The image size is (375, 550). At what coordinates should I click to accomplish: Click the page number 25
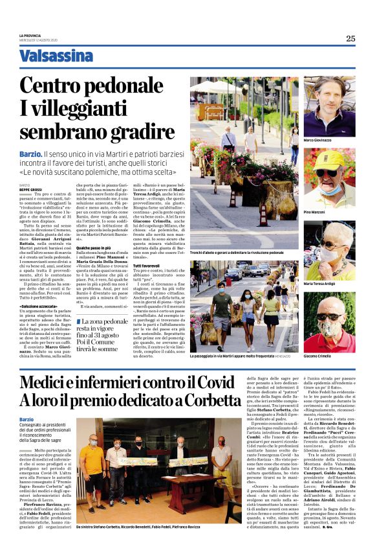point(350,38)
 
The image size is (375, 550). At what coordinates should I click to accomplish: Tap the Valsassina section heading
point(56,56)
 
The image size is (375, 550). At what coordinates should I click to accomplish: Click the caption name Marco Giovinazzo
point(317,141)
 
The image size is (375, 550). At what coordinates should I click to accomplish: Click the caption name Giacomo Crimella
point(318,356)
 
